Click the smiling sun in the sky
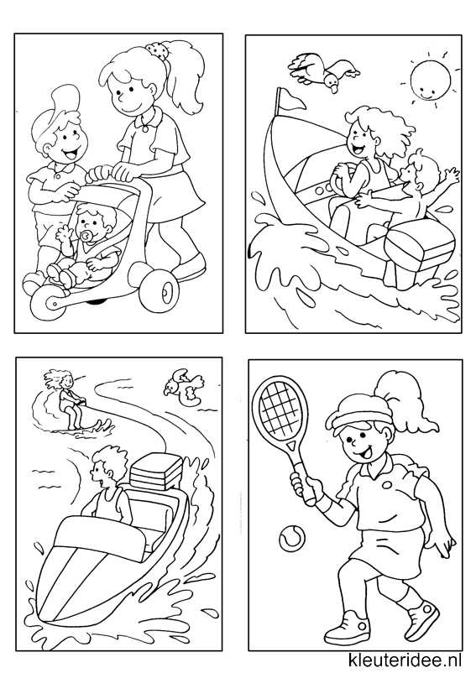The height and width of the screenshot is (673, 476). (430, 80)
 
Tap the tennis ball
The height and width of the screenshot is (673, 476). (292, 538)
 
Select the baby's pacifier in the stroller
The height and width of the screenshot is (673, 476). (88, 237)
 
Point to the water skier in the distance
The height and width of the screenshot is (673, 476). (69, 399)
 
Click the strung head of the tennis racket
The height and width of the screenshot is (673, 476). (280, 406)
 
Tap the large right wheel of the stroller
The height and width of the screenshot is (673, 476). (159, 290)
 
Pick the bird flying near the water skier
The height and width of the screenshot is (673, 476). (184, 387)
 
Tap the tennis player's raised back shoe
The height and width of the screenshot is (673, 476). (422, 620)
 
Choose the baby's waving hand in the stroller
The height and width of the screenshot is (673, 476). (64, 234)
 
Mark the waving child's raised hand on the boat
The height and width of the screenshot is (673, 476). (452, 175)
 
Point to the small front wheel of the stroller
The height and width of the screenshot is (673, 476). (46, 303)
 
